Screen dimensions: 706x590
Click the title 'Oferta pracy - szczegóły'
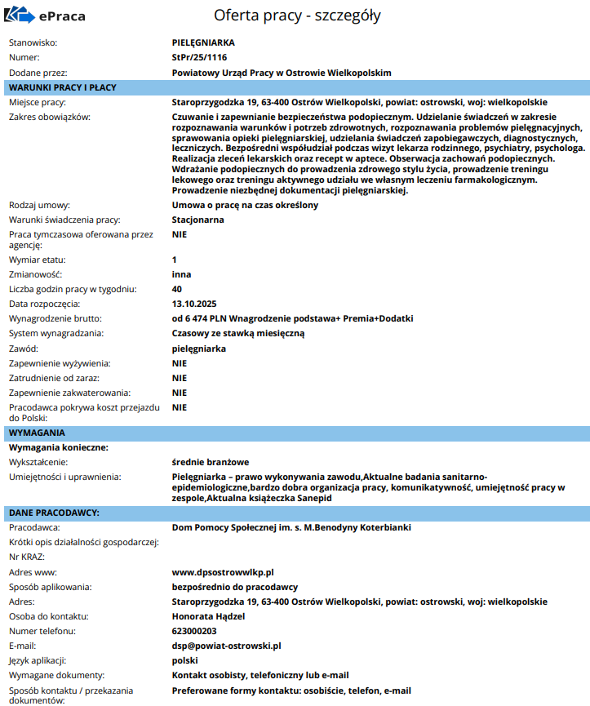pos(297,16)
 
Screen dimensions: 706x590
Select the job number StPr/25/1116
pos(200,57)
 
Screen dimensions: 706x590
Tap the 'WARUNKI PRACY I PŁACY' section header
pos(63,87)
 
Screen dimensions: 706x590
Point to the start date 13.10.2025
pos(194,304)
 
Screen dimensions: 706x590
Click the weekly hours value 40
pos(177,289)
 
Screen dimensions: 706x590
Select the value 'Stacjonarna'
pos(198,220)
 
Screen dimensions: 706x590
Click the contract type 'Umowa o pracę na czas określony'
pos(245,205)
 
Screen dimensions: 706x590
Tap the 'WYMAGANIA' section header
pos(37,433)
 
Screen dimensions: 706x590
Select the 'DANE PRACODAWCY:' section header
pos(54,513)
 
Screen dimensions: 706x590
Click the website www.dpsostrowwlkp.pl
pos(223,572)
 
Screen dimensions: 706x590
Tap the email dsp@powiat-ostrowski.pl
pos(226,646)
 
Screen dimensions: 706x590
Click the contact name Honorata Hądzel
pos(208,616)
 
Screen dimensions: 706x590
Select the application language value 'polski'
pos(185,660)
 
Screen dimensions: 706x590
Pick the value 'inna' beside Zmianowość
pos(181,274)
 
